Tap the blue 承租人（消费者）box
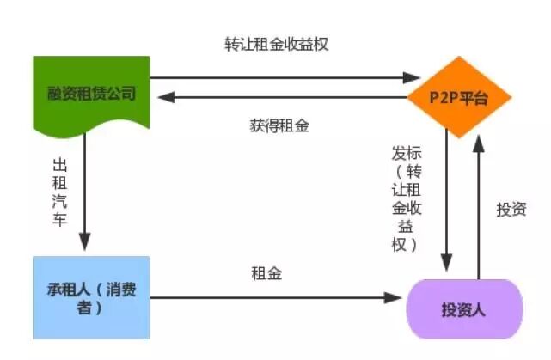(x=90, y=296)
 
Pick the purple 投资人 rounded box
(x=463, y=308)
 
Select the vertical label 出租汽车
(x=59, y=192)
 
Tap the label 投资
(x=511, y=209)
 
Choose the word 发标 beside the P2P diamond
(x=406, y=154)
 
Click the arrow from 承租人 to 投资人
(x=275, y=298)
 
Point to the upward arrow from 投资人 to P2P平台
(x=479, y=206)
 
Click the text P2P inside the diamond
(x=444, y=98)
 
